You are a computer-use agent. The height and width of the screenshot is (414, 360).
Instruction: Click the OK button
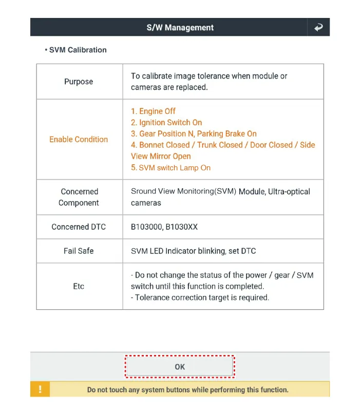(180, 367)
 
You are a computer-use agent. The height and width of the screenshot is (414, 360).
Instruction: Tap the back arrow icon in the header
(318, 27)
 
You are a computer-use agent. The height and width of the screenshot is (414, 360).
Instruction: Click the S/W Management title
(180, 28)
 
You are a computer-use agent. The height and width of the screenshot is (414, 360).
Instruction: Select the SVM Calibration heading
(78, 50)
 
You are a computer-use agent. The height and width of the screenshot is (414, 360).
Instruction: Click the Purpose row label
(79, 82)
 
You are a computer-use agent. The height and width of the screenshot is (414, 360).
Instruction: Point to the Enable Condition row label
(79, 139)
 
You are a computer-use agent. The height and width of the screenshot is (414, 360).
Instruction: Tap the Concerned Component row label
(79, 197)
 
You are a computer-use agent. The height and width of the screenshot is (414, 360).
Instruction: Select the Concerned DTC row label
(79, 227)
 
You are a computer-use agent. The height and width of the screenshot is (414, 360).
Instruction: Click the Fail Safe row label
(79, 251)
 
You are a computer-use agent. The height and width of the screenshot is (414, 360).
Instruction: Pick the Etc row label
(79, 286)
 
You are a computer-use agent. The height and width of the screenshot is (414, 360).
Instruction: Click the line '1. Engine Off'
(153, 111)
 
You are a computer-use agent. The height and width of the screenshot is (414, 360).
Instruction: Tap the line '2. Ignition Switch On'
(166, 123)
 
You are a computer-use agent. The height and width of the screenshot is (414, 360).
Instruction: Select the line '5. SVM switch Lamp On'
(170, 168)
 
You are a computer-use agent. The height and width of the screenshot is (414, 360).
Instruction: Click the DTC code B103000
(146, 227)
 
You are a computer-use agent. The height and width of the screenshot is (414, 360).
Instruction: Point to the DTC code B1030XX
(181, 227)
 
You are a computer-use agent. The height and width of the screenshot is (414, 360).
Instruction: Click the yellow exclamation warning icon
(40, 389)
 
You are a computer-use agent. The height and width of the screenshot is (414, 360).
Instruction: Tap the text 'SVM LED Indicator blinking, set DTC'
(193, 251)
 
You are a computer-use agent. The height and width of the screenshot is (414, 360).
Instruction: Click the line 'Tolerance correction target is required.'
(200, 298)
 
